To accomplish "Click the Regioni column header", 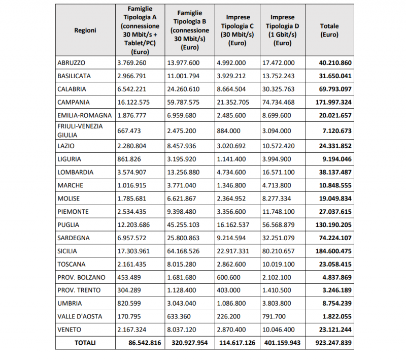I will point(85,30).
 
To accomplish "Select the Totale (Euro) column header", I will point(329,30).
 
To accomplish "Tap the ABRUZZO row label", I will point(72,63).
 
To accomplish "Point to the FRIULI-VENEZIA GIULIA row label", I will point(80,130).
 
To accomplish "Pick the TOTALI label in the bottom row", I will point(85,343).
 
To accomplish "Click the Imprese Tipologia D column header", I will point(282,30).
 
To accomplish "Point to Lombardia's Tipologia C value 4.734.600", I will point(231,172).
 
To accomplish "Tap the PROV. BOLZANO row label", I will point(81,277).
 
